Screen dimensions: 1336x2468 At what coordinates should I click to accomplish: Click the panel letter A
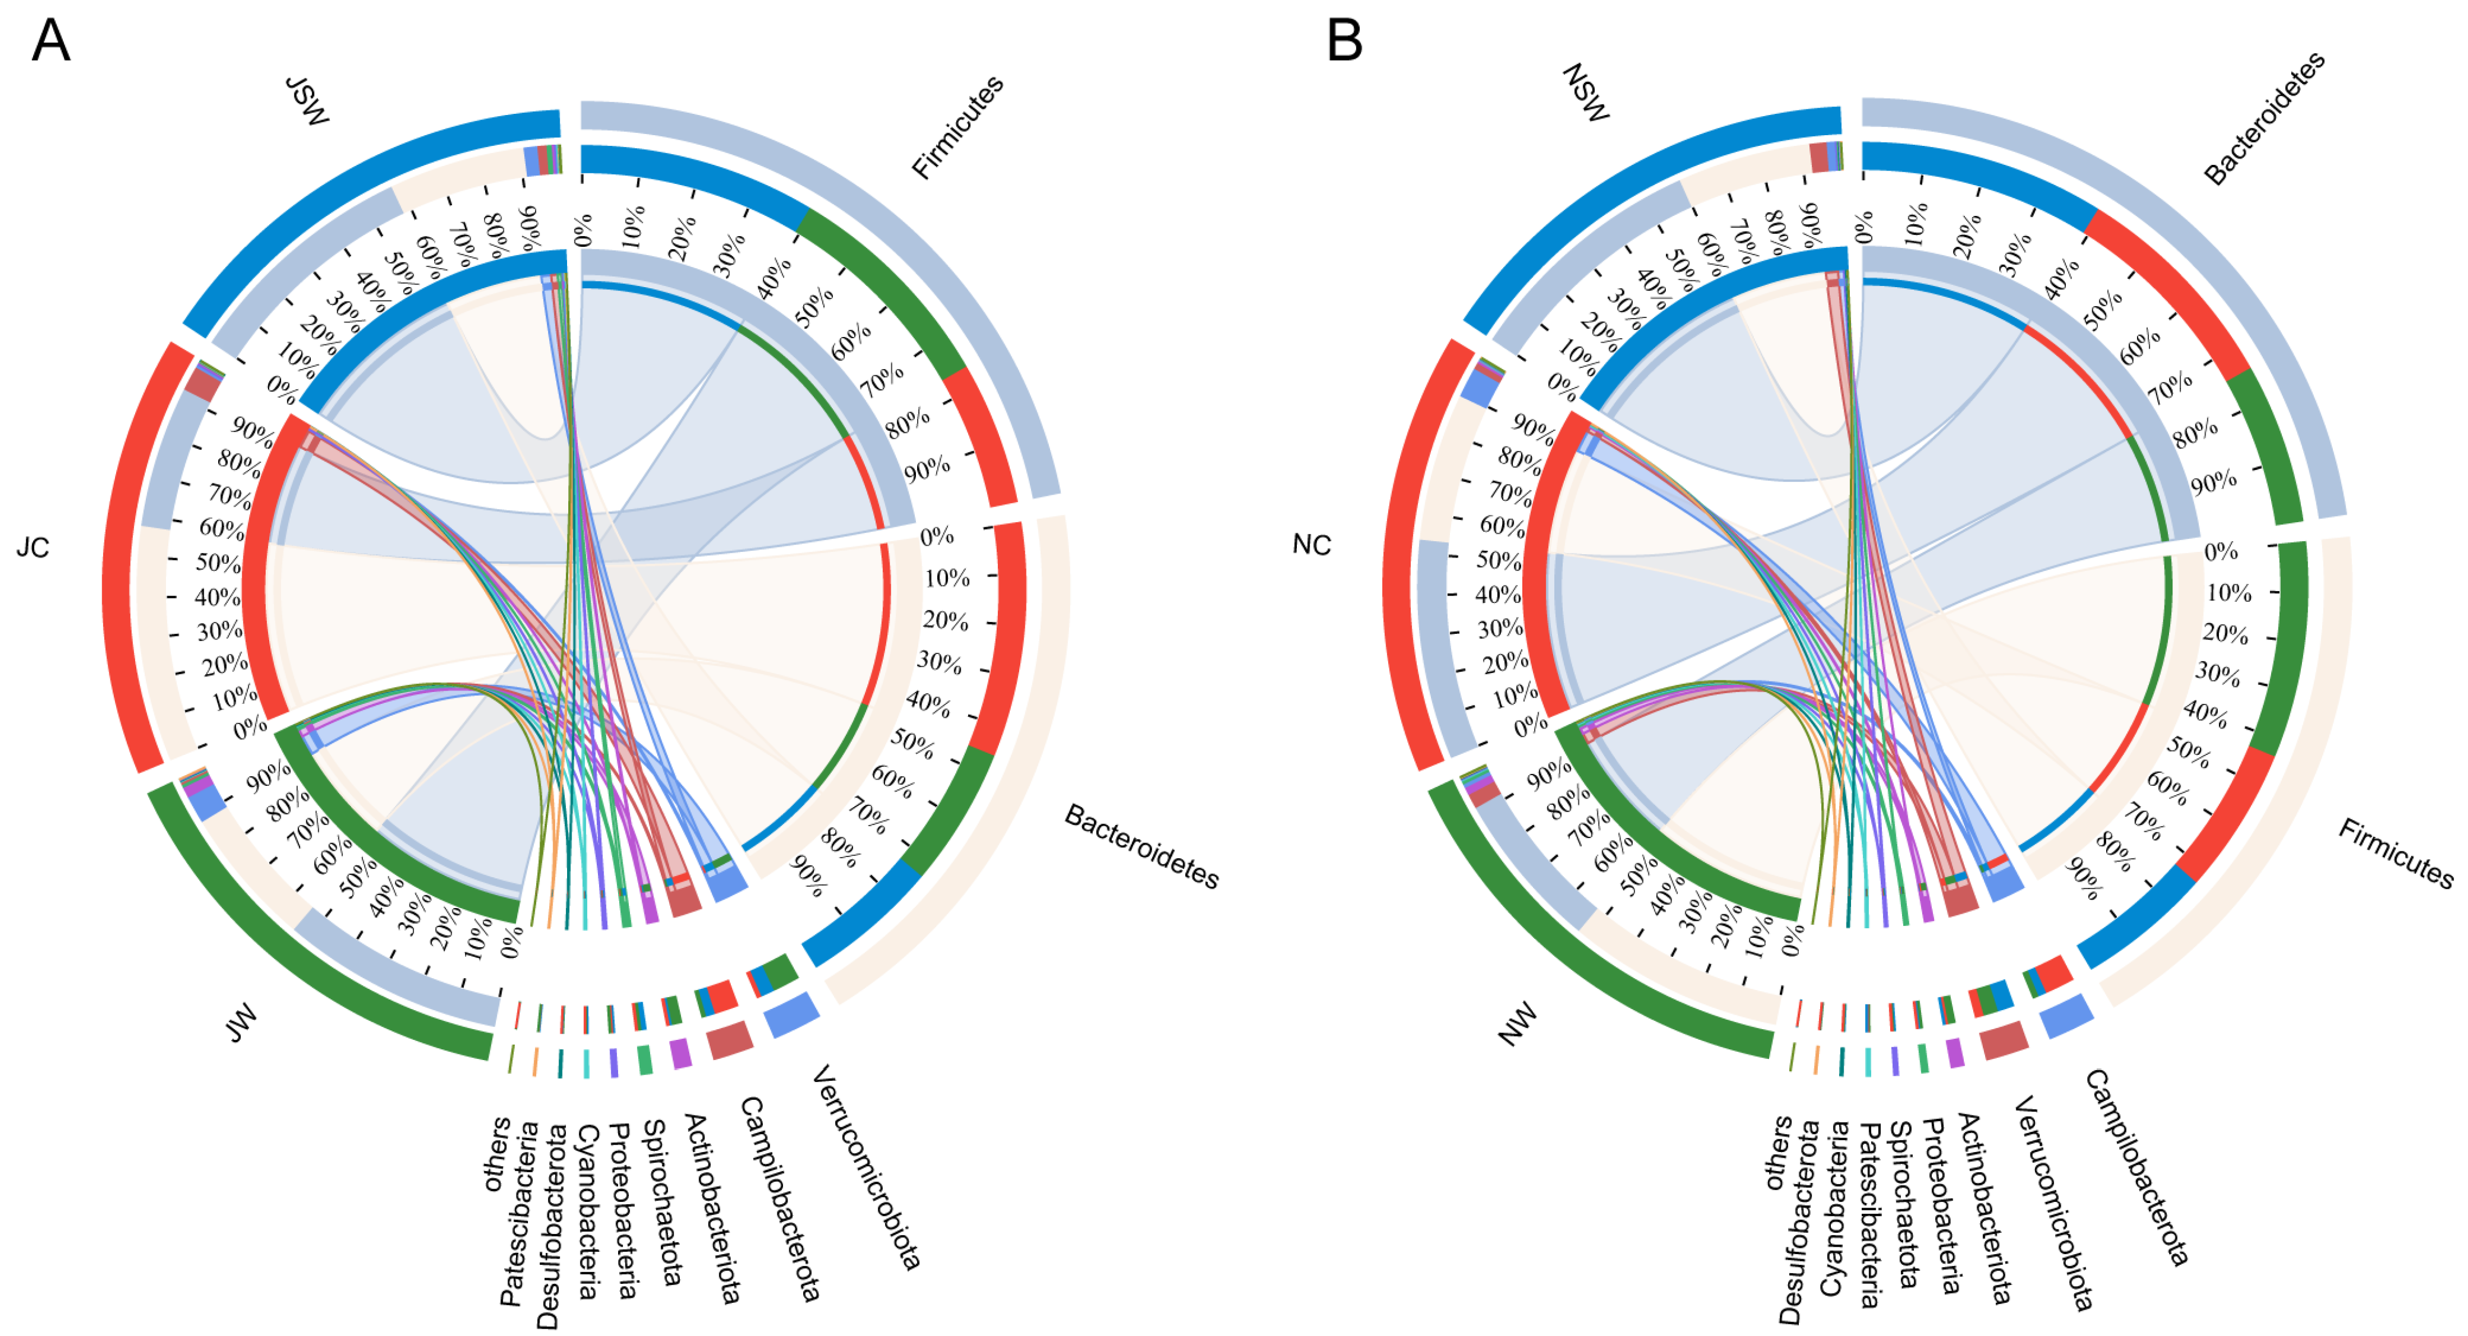[51, 41]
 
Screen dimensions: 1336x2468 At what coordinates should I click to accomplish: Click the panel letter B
[1344, 41]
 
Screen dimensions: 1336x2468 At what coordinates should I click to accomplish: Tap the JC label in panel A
[33, 548]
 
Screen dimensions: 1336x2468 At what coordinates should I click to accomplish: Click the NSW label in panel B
[1586, 93]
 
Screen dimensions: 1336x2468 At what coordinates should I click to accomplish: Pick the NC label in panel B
[1311, 545]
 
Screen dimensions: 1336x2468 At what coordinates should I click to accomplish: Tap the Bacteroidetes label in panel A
[1141, 846]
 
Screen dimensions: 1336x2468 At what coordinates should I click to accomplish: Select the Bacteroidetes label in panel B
[2264, 118]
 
